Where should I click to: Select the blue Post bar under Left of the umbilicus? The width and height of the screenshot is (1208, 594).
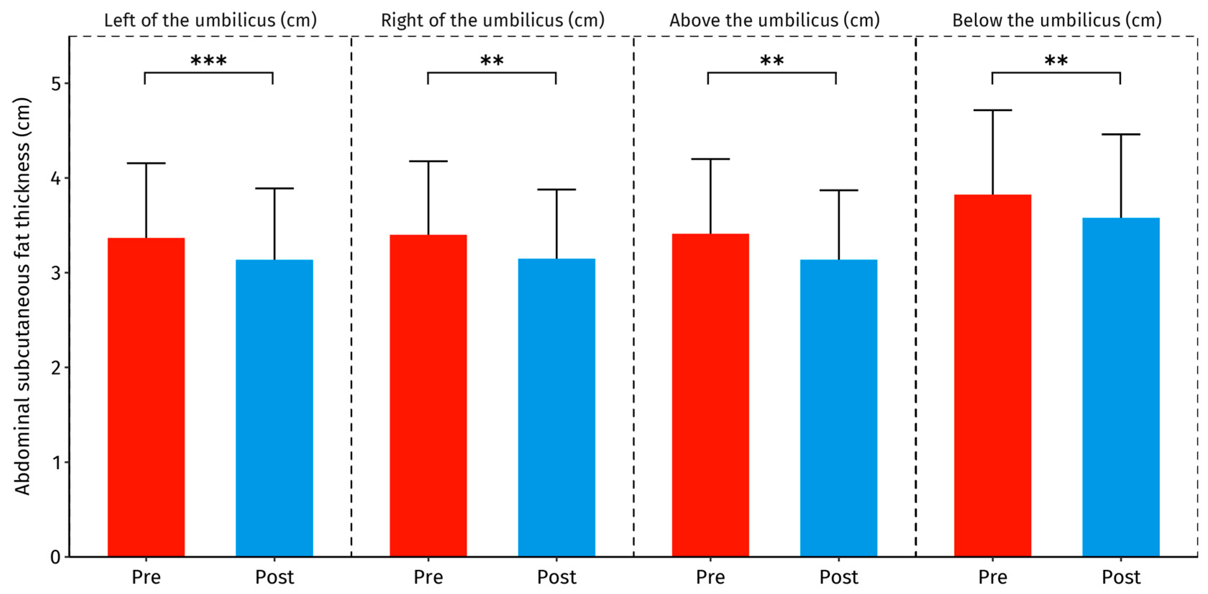274,408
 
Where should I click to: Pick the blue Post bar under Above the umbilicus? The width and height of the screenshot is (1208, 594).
838,408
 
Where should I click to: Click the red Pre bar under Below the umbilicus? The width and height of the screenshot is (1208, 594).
992,375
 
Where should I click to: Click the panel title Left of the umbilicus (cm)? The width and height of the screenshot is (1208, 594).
210,20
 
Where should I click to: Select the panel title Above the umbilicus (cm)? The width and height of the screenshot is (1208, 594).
774,20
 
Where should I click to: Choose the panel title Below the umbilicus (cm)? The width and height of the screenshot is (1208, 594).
1057,20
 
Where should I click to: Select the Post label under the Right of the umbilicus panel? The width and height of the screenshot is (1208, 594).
556,577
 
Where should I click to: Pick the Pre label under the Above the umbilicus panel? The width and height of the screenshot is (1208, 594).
710,577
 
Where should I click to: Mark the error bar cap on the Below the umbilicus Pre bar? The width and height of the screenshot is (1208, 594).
992,110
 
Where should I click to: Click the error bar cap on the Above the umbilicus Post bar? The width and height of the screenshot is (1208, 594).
838,190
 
